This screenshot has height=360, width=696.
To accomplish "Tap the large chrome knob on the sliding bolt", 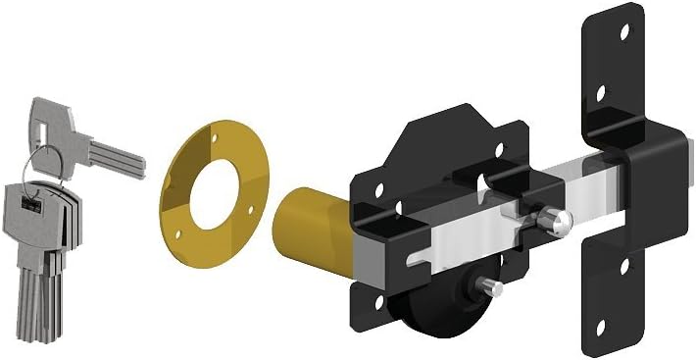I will (558, 225).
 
